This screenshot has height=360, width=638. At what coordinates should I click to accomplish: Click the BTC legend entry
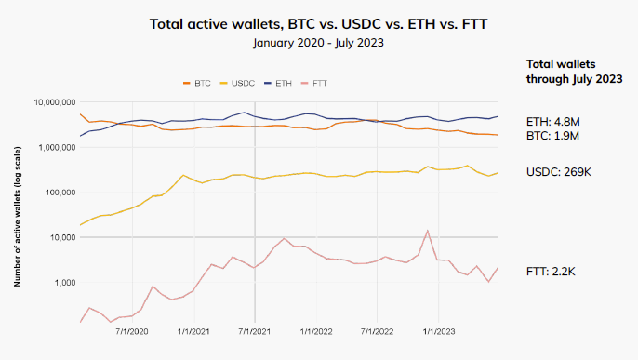coord(197,83)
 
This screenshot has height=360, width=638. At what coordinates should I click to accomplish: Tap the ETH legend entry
coord(278,83)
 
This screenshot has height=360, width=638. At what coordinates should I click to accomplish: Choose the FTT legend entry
coord(317,83)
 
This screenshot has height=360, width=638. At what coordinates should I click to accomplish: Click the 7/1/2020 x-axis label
coord(131,330)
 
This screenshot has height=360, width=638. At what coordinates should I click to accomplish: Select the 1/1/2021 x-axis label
coord(193,330)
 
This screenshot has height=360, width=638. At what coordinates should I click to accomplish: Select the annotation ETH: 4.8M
coord(553,120)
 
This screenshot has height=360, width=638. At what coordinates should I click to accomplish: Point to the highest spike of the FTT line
coord(427,231)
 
